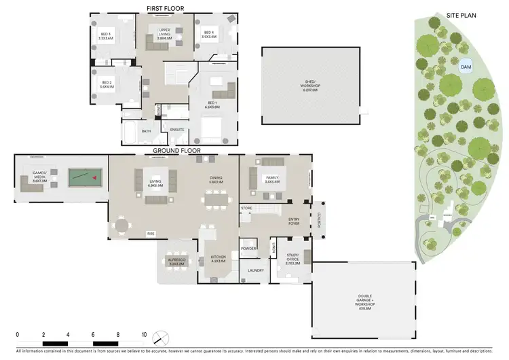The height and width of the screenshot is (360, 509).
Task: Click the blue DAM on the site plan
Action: [x=466, y=67]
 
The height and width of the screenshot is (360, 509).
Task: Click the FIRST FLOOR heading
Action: [x=166, y=9]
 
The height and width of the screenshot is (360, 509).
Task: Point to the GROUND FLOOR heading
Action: [x=176, y=150]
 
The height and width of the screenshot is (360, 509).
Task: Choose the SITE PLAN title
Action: [x=462, y=14]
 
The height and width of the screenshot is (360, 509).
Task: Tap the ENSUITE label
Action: [x=177, y=129]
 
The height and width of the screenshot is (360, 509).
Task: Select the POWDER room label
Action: [x=248, y=248]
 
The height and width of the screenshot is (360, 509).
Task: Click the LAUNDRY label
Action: [x=255, y=270]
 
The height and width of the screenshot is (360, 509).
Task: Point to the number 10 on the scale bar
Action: [x=144, y=335]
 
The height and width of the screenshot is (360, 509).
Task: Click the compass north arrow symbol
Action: [x=160, y=337]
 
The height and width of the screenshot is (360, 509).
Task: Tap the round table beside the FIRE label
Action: [x=121, y=225]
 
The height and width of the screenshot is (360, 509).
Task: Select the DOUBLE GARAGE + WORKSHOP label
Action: [x=364, y=298]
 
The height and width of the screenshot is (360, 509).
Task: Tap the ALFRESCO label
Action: [x=176, y=259]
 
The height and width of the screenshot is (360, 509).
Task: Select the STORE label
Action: [x=246, y=209]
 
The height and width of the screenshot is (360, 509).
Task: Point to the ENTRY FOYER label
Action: [x=293, y=221]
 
